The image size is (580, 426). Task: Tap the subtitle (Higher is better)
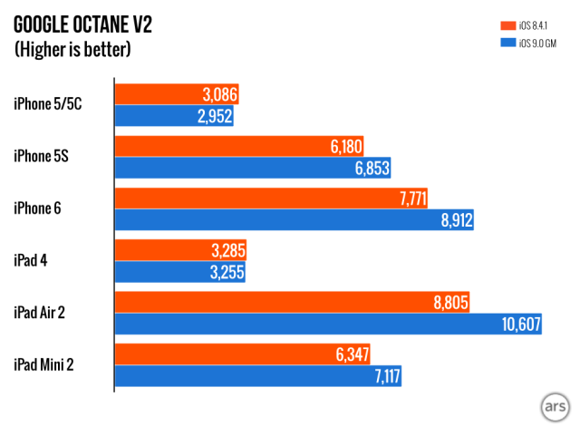tap(72, 49)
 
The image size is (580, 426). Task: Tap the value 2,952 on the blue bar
tap(214, 115)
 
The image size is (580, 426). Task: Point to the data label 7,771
tap(406, 198)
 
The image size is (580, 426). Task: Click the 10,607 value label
tap(517, 324)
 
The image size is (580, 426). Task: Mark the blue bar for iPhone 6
tap(293, 220)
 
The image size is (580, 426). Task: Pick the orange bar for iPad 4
tap(179, 250)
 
